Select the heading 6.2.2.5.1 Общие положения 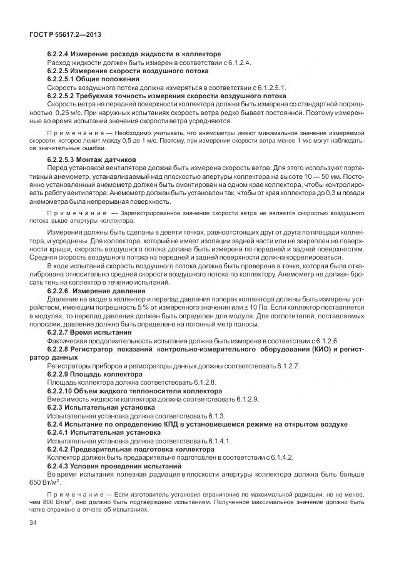(x=93, y=80)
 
